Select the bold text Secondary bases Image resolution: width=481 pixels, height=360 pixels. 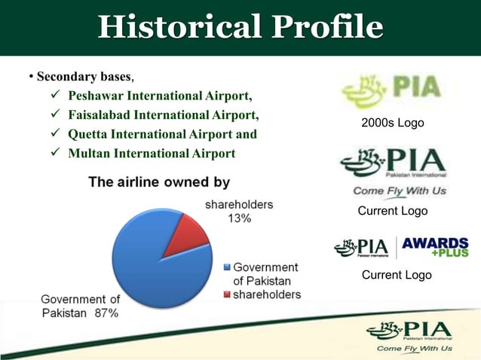(x=84, y=77)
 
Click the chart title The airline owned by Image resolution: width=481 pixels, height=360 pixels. (x=159, y=182)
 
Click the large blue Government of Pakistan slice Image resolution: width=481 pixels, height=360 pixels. (x=151, y=264)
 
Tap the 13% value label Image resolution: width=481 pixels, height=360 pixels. (x=240, y=218)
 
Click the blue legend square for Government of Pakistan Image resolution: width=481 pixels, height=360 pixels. (x=227, y=267)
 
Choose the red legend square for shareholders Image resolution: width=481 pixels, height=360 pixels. (x=227, y=294)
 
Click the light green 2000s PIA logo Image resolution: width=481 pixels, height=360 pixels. (x=391, y=91)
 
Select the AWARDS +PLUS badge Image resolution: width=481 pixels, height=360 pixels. (x=434, y=247)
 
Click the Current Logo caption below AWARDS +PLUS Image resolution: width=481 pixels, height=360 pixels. (x=397, y=275)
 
